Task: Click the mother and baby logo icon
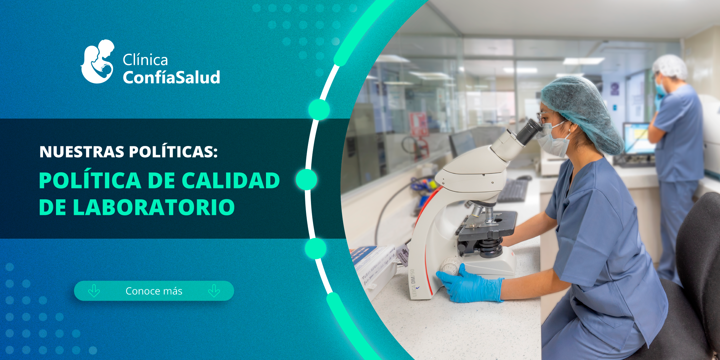coord(97,62)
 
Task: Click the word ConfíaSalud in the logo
coord(171,77)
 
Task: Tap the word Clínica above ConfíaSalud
coord(145,60)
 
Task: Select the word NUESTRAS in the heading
coord(82,152)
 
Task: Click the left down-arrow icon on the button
coord(94,291)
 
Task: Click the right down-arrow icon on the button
coord(214,291)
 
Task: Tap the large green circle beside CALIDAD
coord(306,179)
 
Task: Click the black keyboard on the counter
coord(513,191)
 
